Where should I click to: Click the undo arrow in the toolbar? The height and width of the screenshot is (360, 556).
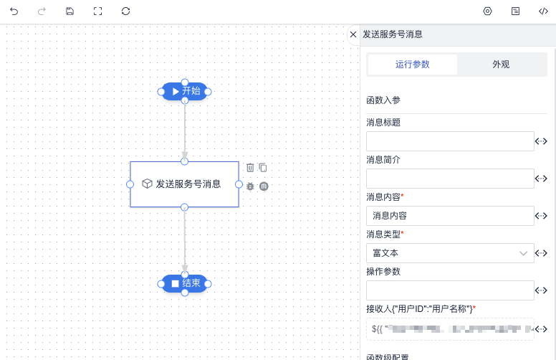pyautogui.click(x=14, y=11)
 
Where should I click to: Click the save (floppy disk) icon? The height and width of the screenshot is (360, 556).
pyautogui.click(x=69, y=11)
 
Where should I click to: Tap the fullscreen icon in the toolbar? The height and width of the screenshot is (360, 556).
pyautogui.click(x=97, y=11)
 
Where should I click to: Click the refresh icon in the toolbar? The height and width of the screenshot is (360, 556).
pyautogui.click(x=126, y=11)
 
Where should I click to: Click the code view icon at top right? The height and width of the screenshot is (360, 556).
pyautogui.click(x=543, y=11)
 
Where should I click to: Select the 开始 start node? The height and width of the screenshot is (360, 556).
pyautogui.click(x=185, y=92)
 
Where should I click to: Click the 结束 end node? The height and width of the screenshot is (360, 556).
pyautogui.click(x=185, y=284)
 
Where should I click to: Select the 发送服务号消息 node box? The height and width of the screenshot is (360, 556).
pyautogui.click(x=184, y=184)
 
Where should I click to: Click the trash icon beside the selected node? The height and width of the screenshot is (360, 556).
pyautogui.click(x=250, y=168)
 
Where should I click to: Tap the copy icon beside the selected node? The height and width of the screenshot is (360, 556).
pyautogui.click(x=263, y=168)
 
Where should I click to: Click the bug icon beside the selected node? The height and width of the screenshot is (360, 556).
pyautogui.click(x=250, y=186)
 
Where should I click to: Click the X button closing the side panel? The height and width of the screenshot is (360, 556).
pyautogui.click(x=353, y=34)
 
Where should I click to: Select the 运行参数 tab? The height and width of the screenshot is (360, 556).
pyautogui.click(x=412, y=65)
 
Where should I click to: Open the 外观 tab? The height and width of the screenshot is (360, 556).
pyautogui.click(x=501, y=65)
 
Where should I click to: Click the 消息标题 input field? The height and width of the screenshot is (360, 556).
pyautogui.click(x=450, y=141)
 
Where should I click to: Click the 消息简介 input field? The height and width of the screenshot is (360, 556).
pyautogui.click(x=450, y=179)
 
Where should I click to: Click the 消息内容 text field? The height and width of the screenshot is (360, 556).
pyautogui.click(x=450, y=216)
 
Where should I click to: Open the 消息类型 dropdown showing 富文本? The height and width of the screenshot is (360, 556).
pyautogui.click(x=450, y=253)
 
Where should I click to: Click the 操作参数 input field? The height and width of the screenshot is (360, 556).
pyautogui.click(x=450, y=290)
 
